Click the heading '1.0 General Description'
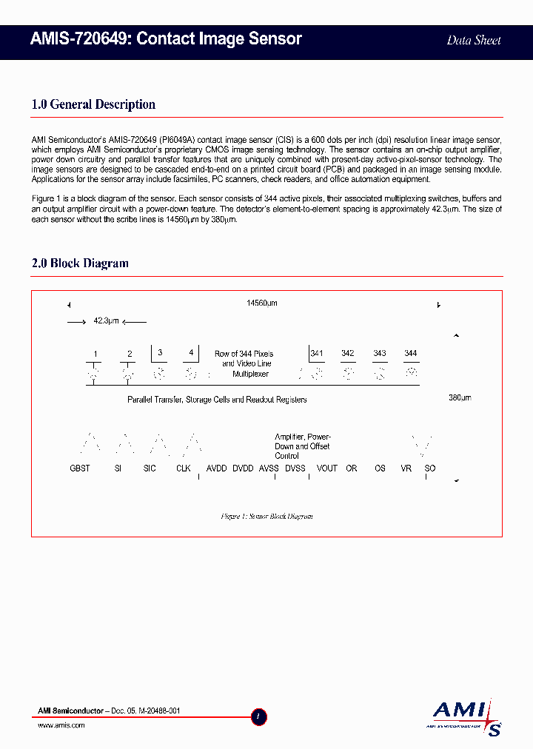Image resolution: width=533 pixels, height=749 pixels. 93,104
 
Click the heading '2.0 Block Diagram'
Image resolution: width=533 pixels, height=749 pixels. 80,263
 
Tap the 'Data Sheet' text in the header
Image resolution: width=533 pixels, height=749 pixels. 474,41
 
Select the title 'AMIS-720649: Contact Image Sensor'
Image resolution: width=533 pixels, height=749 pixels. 167,39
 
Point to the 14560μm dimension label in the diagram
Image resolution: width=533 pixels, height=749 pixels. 262,303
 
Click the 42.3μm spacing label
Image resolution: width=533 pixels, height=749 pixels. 106,320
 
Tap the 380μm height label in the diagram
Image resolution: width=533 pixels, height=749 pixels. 460,397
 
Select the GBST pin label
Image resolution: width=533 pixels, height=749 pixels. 80,468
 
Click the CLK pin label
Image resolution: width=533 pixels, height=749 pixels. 184,468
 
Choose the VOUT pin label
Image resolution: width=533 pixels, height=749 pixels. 326,468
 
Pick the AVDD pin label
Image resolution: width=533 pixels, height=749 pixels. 217,468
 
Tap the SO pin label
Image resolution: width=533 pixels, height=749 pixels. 430,468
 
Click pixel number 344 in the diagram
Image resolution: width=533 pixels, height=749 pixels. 410,354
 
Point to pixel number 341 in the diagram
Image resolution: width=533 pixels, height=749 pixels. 317,354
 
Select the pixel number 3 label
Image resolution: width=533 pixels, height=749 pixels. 160,352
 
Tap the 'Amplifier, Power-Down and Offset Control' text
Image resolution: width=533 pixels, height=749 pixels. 302,446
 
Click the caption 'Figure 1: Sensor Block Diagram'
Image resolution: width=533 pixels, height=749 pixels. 266,516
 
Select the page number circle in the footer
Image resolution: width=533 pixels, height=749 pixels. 259,716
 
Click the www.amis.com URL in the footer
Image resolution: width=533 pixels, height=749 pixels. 61,725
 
